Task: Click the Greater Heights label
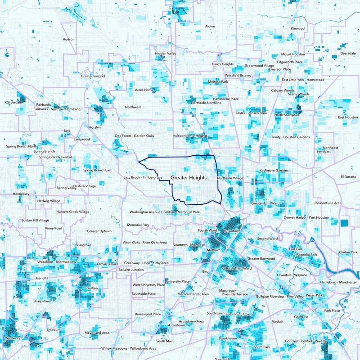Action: pyautogui.click(x=188, y=178)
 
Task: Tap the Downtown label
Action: pyautogui.click(x=233, y=231)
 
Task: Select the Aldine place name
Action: pyautogui.click(x=210, y=27)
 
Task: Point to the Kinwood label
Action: pyautogui.click(x=297, y=28)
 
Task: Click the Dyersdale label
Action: pyautogui.click(x=347, y=53)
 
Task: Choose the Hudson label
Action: pyautogui.click(x=69, y=39)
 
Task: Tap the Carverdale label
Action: pyautogui.click(x=13, y=103)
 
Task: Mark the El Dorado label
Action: pyautogui.click(x=348, y=176)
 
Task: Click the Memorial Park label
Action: pyautogui.click(x=138, y=225)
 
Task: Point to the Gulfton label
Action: pyautogui.click(x=91, y=287)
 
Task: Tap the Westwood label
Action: pyautogui.click(x=13, y=337)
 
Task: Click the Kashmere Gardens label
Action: pyautogui.click(x=274, y=171)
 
